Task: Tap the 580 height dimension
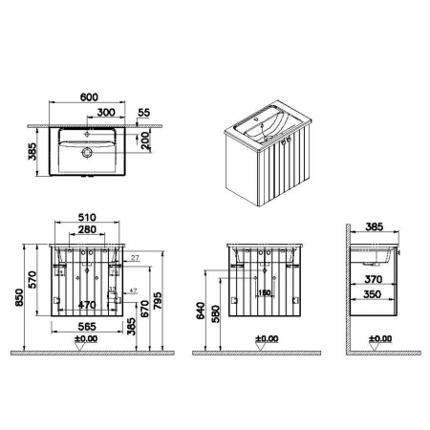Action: point(219,313)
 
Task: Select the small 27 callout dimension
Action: point(135,259)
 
